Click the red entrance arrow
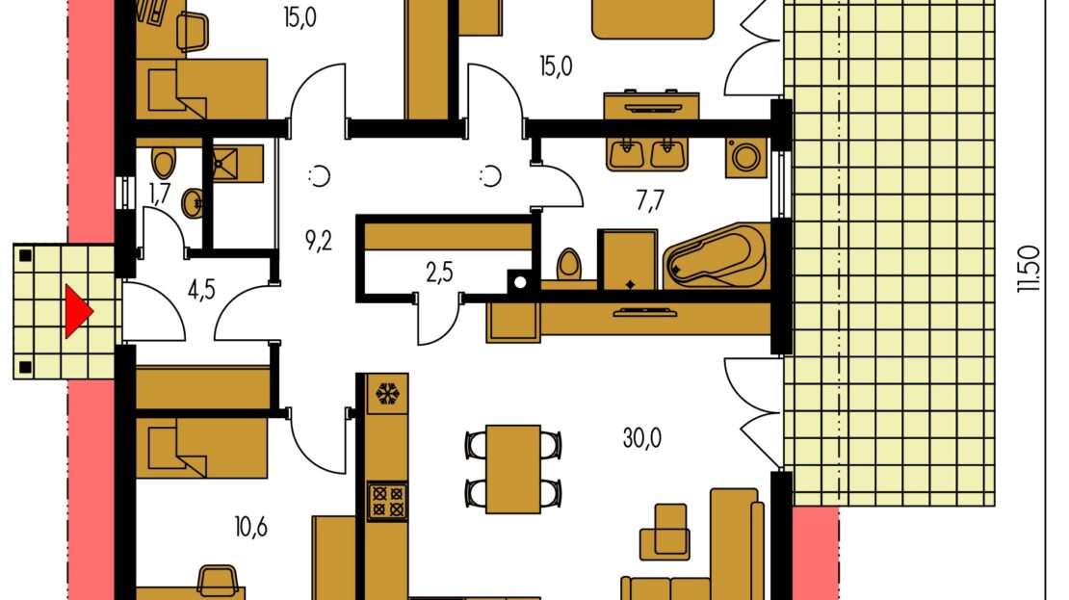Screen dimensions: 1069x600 pos(77,312)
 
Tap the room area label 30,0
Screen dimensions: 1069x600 pos(641,438)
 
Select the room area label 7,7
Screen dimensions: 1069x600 pos(650,201)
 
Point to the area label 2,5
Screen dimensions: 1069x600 pos(439,273)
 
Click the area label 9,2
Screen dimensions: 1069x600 pos(319,241)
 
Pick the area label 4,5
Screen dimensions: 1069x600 pos(201,290)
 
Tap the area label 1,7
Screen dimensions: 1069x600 pos(160,195)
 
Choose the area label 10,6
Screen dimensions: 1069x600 pos(251,527)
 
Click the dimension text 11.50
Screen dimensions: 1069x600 pos(1029,270)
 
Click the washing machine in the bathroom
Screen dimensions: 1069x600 pos(745,158)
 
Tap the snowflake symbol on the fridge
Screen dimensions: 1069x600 pos(387,393)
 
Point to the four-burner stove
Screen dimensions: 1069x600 pos(387,501)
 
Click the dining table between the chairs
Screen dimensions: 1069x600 pos(513,468)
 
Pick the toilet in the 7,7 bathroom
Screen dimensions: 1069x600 pos(569,266)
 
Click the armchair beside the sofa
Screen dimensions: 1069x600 pos(664,532)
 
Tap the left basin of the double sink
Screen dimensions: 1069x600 pos(626,154)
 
